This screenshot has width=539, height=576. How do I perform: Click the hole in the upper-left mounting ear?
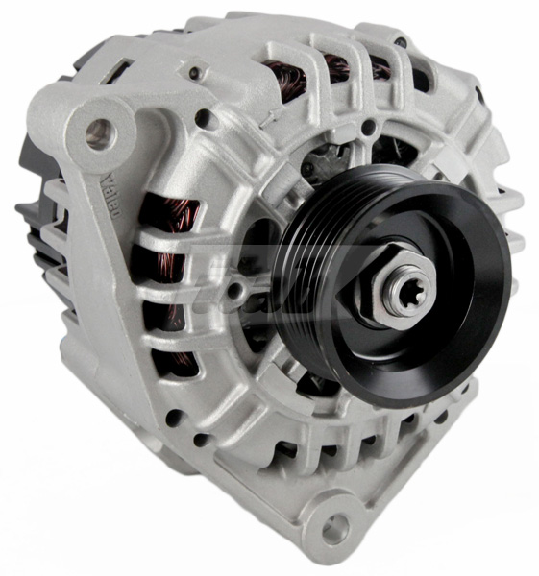pos(98,134)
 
